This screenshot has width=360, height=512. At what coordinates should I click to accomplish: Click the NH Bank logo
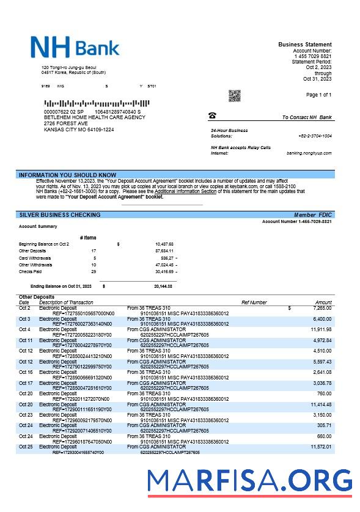75,47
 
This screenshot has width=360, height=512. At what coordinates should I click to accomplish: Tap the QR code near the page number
235,96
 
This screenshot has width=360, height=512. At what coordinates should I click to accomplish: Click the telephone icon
212,115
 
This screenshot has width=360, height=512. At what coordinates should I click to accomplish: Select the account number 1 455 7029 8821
313,56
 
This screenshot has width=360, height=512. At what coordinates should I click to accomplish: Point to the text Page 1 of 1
318,95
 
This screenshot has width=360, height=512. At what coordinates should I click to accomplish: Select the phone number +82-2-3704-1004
315,136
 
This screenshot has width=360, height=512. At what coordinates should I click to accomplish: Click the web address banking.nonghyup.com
309,153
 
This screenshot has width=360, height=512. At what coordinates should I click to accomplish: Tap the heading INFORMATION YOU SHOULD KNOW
67,175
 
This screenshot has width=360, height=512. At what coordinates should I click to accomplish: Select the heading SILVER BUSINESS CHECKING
60,215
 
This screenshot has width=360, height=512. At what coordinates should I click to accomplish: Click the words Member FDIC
313,215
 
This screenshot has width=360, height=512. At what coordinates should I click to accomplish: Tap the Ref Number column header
254,302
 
